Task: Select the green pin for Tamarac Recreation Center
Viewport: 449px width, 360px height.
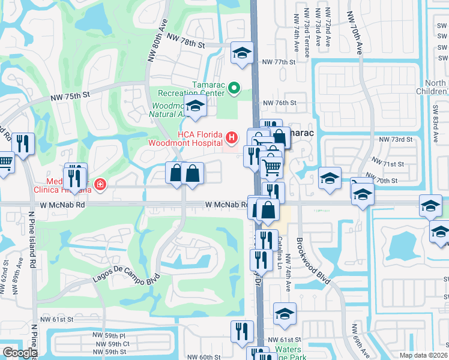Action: coord(234,89)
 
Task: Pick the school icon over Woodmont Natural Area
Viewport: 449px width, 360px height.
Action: coord(195,107)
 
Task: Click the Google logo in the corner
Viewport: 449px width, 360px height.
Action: coord(20,352)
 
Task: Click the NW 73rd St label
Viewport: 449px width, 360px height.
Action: coord(396,139)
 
